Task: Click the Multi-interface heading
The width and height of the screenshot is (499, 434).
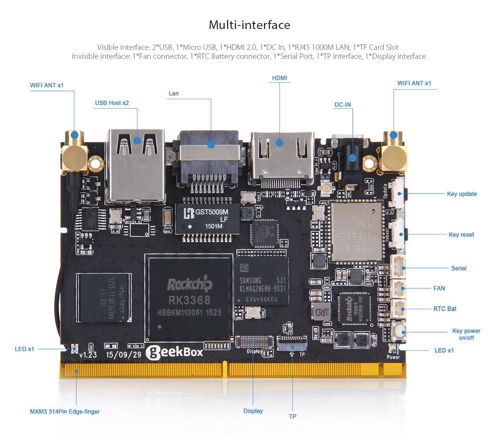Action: click(x=249, y=25)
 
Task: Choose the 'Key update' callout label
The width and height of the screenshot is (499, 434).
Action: click(x=462, y=194)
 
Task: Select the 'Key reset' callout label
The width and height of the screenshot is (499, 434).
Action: click(x=461, y=234)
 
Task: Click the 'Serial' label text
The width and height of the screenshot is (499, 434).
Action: click(x=459, y=268)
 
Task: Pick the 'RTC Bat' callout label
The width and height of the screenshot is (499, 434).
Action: click(x=445, y=309)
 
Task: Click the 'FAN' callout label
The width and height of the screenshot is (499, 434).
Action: click(x=439, y=288)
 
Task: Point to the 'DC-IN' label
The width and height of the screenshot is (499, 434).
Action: click(x=342, y=105)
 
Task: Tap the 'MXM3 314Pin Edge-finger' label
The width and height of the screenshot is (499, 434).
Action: click(x=68, y=412)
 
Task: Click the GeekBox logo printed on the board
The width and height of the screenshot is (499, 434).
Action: click(x=174, y=352)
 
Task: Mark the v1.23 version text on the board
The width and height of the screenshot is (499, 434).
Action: click(x=88, y=355)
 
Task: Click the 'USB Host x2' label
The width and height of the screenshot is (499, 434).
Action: click(x=112, y=103)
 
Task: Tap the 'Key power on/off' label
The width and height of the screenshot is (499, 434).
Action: click(x=466, y=334)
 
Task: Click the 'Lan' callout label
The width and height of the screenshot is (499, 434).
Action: click(x=173, y=93)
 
